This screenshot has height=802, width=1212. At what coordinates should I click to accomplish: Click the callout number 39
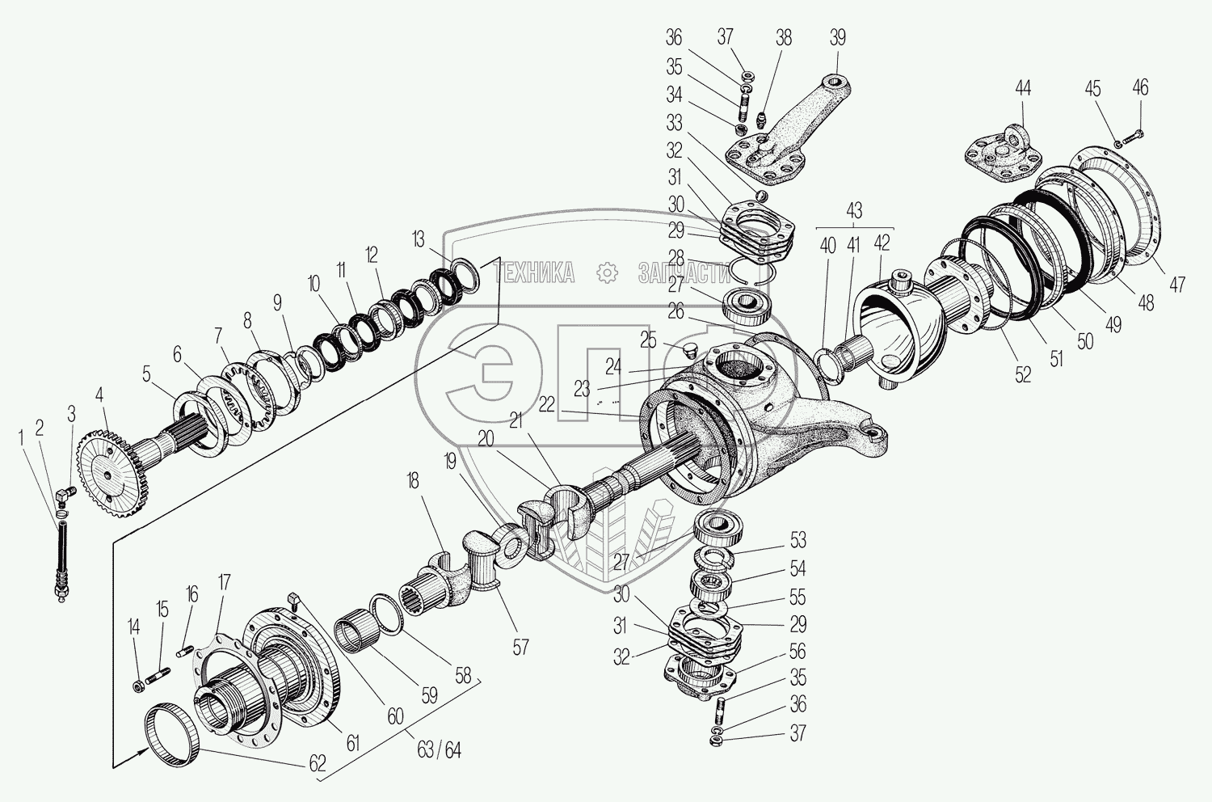(836, 38)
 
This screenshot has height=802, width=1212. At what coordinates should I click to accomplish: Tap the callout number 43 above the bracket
(854, 211)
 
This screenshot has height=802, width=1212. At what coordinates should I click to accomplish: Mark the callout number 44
(1024, 89)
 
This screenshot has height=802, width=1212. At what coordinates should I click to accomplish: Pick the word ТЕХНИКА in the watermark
(535, 273)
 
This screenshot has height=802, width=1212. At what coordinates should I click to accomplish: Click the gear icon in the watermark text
(606, 273)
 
